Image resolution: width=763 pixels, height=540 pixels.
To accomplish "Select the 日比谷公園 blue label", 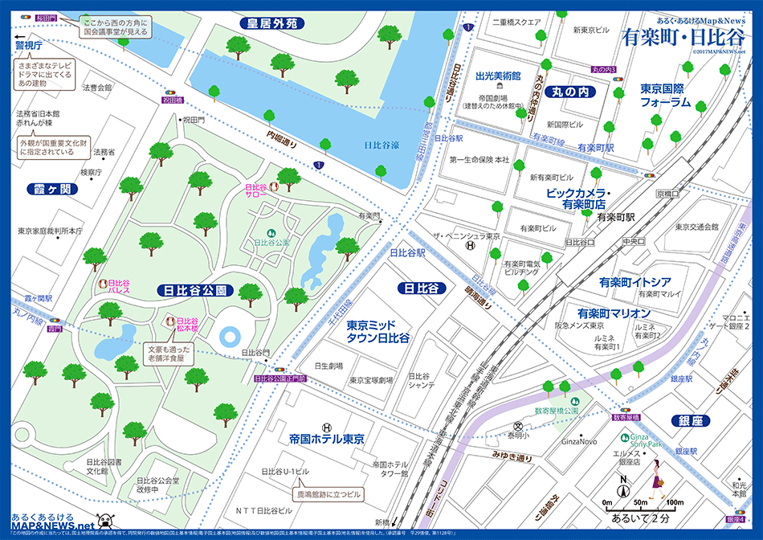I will click(198, 290).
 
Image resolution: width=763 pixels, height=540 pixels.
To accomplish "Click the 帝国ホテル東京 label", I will click(327, 440).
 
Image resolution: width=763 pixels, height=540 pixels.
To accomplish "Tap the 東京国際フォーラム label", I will click(665, 95).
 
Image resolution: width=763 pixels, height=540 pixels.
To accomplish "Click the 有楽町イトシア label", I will click(634, 283).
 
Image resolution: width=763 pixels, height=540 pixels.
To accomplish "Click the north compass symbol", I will click(622, 486).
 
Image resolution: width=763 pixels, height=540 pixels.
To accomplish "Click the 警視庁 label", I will click(27, 46).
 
